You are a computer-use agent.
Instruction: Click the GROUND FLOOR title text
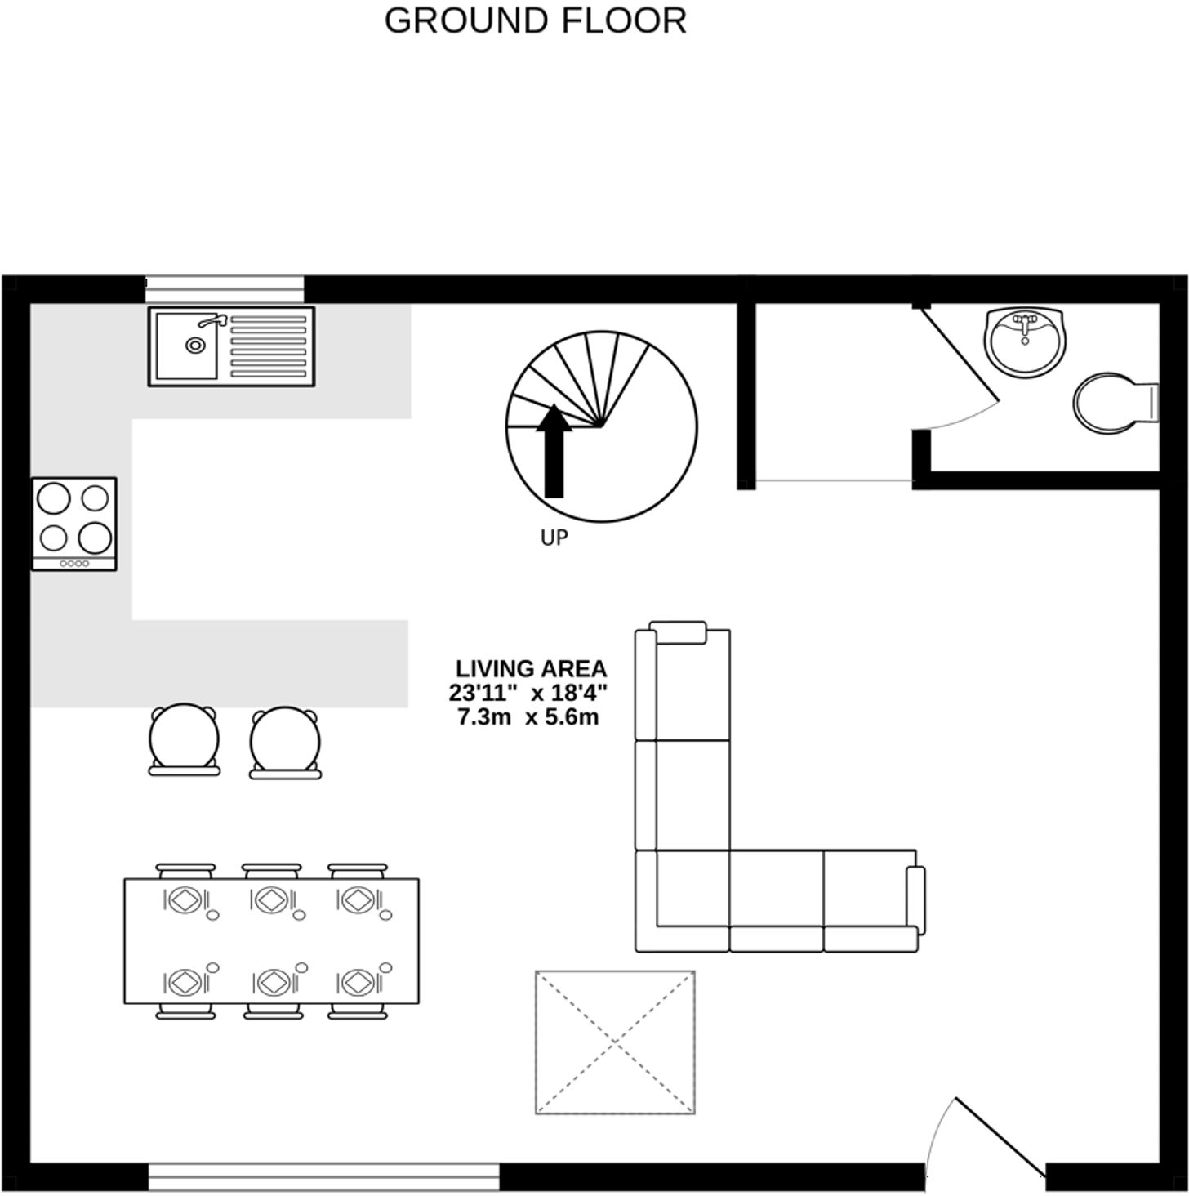coord(535,20)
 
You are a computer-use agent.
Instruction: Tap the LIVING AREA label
coord(531,669)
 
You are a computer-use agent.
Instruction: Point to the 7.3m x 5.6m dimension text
coord(528,718)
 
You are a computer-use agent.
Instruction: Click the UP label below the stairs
coord(554,538)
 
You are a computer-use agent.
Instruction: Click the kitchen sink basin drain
coord(194,346)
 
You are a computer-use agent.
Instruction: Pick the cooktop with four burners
coord(74,524)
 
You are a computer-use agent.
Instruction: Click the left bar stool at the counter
coord(185,739)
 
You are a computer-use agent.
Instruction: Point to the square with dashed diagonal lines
coord(615,1042)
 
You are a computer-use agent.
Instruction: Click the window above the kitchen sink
coord(225,288)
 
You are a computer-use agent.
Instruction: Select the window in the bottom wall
coord(323,1176)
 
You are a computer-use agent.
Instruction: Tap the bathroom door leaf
coord(960,356)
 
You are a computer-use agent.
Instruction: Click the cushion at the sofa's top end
coord(678,633)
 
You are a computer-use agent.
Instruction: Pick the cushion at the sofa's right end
coord(915,899)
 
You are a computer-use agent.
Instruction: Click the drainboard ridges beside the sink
coord(269,346)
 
